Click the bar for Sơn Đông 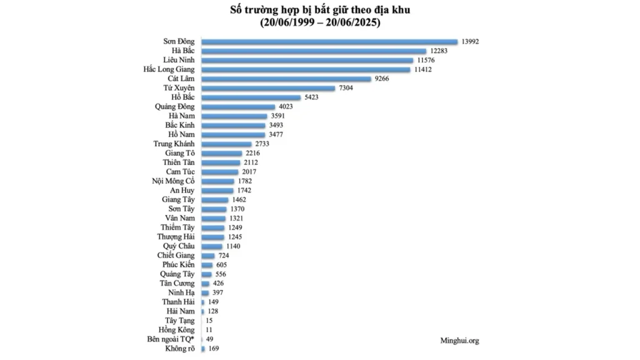coord(329,42)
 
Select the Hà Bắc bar coord(314,51)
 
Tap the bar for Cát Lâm coord(286,79)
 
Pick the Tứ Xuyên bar coord(268,88)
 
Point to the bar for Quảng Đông coord(238,107)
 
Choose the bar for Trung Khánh coord(226,144)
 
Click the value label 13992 coord(470,42)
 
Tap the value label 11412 coord(423,69)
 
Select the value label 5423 coord(311,97)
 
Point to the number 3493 coord(276,125)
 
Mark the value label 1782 coord(245,181)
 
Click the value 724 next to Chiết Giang coord(224,256)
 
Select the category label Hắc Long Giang coord(169,69)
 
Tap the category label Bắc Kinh coord(180,125)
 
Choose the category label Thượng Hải coord(176,237)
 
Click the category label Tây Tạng coord(180,321)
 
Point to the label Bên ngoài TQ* coord(171,339)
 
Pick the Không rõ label coord(180,349)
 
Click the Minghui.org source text coord(459,341)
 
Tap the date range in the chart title coord(321,22)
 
